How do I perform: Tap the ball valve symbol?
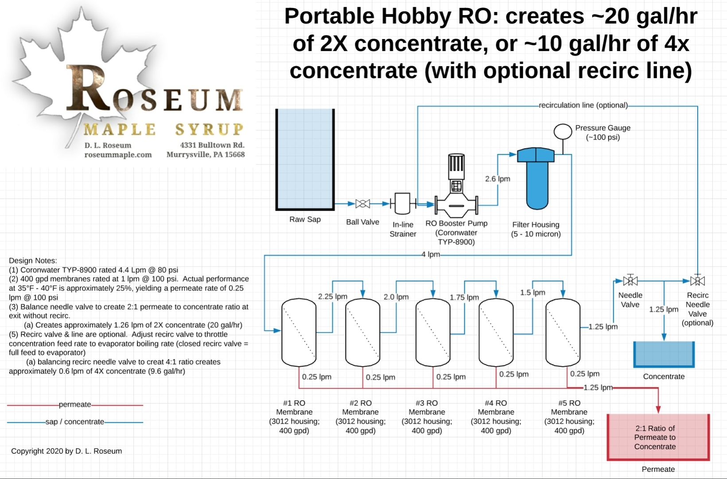[x=362, y=204]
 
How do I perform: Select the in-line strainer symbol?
[x=402, y=204]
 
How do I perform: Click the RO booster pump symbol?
[x=456, y=195]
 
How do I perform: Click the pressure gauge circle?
[x=563, y=132]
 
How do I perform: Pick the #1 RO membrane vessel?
[x=299, y=332]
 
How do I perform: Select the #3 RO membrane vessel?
[x=433, y=332]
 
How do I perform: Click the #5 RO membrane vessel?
[x=563, y=332]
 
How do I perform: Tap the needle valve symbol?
[x=630, y=281]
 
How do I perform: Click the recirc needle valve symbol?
[x=697, y=281]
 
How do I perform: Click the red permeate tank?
[x=658, y=437]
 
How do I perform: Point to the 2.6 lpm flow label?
[x=498, y=179]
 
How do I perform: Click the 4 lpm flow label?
[x=431, y=255]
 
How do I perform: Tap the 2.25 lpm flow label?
[x=332, y=296]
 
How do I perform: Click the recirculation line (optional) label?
[x=583, y=105]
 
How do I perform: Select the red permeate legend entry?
[x=75, y=404]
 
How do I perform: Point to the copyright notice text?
[x=66, y=451]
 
